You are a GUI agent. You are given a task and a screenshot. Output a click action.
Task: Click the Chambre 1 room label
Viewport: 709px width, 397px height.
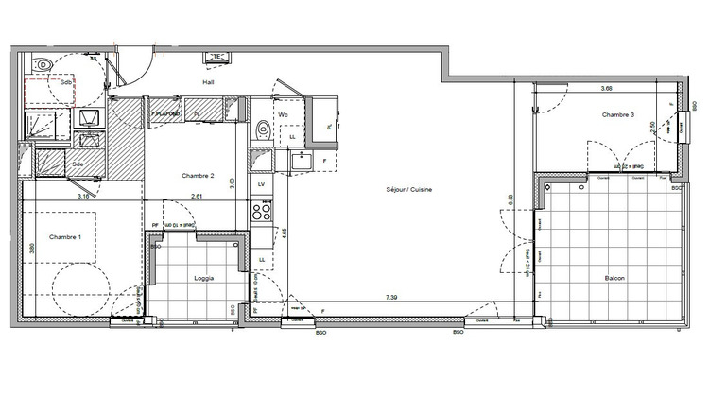pyautogui.click(x=66, y=237)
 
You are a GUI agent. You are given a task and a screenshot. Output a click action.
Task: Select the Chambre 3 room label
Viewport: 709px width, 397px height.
pyautogui.click(x=617, y=115)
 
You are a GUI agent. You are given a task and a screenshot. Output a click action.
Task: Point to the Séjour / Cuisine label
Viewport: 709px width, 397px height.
pyautogui.click(x=408, y=191)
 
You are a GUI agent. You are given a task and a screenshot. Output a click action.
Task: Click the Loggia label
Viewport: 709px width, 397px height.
pyautogui.click(x=204, y=279)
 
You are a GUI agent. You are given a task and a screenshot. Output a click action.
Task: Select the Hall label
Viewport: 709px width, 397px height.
pyautogui.click(x=208, y=82)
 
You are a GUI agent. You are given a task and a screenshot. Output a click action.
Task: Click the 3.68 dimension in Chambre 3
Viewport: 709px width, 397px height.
pyautogui.click(x=606, y=89)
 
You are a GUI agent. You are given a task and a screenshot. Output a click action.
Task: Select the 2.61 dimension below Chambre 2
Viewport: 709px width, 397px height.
pyautogui.click(x=197, y=196)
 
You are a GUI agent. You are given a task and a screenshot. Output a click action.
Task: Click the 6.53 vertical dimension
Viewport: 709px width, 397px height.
pyautogui.click(x=510, y=203)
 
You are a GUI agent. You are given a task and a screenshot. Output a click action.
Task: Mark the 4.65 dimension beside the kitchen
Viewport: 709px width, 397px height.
pyautogui.click(x=284, y=230)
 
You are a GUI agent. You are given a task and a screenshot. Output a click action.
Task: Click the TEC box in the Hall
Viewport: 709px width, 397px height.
pyautogui.click(x=216, y=55)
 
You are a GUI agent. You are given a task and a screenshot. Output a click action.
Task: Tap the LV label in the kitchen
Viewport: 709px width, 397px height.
pyautogui.click(x=261, y=184)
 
